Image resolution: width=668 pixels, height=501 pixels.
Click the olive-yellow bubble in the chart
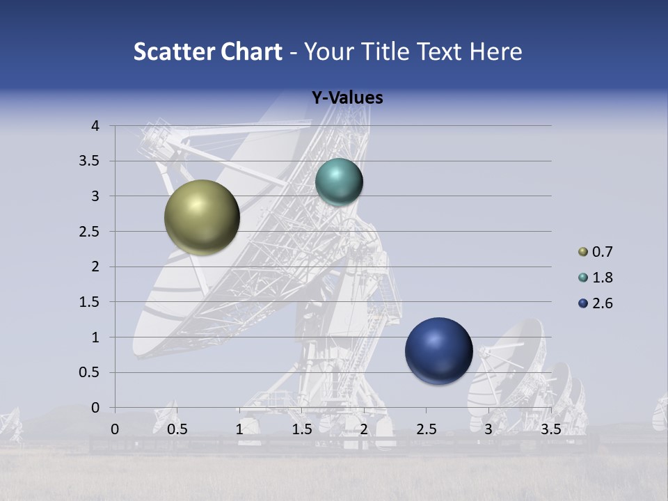pos(202,217)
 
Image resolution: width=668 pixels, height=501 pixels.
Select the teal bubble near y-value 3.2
pos(339,182)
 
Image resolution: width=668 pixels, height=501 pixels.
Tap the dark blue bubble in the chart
pos(439,351)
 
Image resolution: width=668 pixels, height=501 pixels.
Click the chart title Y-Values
pos(347,98)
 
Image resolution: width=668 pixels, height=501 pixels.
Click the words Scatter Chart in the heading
pos(207,51)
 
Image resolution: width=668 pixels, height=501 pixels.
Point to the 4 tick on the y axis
pos(95,126)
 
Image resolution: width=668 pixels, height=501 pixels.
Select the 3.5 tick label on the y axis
pos(90,161)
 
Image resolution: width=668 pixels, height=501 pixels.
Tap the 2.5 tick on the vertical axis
pos(90,232)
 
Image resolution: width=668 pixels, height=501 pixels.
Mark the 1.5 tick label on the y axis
pos(90,302)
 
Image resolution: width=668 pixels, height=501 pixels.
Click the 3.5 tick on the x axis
pos(551,429)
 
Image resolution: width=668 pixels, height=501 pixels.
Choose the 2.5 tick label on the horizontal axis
pos(426,429)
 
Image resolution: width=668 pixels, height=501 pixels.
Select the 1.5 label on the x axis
pos(301,429)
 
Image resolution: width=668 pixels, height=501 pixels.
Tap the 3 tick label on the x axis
pos(488,429)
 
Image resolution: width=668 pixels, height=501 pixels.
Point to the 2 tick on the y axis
pos(95,267)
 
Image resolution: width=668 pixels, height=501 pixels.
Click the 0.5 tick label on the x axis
pos(177,429)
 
